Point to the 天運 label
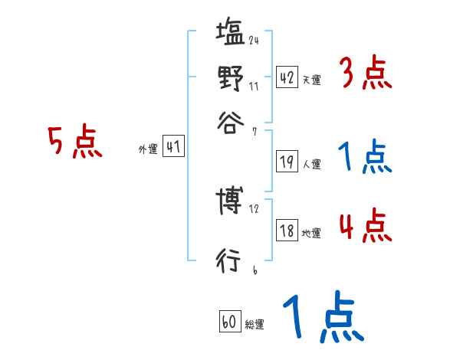(x=311, y=80)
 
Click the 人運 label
(x=311, y=164)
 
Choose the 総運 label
(x=254, y=324)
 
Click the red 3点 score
(x=365, y=75)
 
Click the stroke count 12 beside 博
(x=254, y=208)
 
